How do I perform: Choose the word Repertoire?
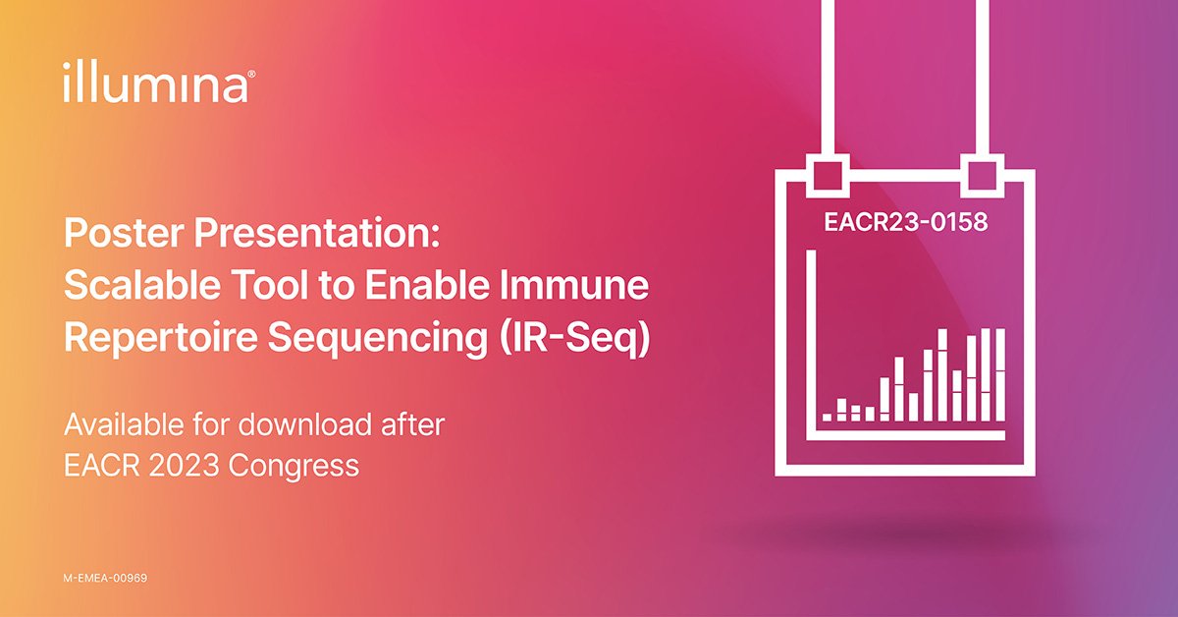click(158, 338)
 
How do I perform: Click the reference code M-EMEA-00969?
click(105, 579)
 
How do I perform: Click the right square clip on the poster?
click(984, 173)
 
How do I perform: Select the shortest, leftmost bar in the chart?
click(827, 417)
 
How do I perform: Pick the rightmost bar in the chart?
click(1000, 374)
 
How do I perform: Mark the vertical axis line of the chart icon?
click(812, 344)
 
